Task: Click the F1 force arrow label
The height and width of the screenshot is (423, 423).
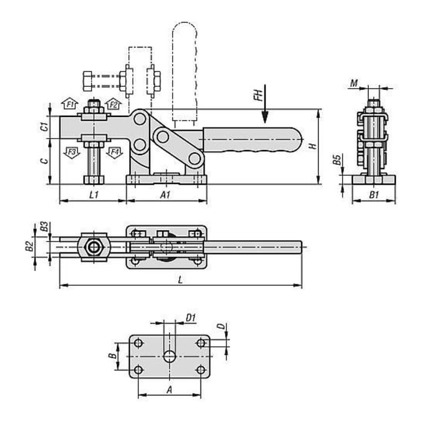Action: coord(70,104)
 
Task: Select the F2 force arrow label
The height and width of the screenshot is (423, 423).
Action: coord(114,105)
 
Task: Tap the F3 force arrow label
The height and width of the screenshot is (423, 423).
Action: coord(72,152)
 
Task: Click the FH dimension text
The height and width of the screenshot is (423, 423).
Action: coord(259,96)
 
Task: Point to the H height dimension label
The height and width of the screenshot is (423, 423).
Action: coord(313,146)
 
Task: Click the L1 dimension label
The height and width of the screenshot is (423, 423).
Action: coord(93,195)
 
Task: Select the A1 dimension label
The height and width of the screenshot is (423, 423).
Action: coord(165,195)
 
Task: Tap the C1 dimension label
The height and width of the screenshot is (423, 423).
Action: coord(45,126)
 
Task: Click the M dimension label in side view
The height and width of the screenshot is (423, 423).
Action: coord(354,83)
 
